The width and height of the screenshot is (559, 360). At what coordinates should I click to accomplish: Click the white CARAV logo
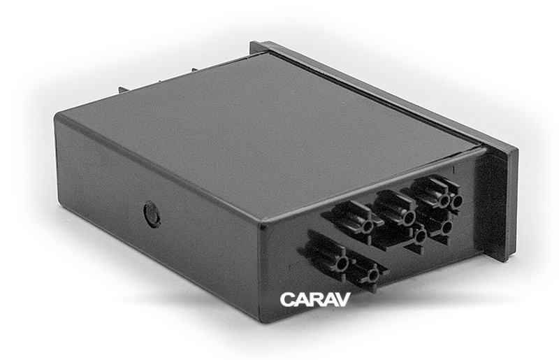coord(315,299)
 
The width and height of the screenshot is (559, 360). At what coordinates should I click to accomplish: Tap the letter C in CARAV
coord(287,299)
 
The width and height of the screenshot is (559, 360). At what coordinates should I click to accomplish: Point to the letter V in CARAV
coord(343,299)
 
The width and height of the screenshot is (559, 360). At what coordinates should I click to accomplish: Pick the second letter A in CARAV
coord(329,299)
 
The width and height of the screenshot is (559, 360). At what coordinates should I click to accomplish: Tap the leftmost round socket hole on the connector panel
coord(342,264)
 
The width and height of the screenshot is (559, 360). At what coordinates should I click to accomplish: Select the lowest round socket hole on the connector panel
coord(373,275)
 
